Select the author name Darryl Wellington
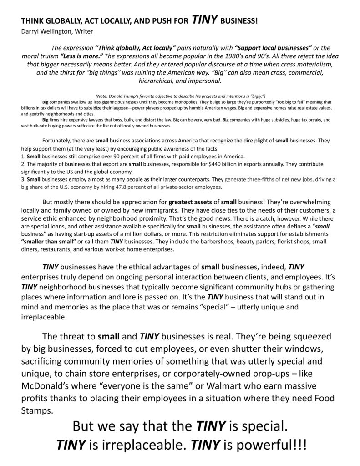point(47,31)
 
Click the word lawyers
point(91,120)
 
